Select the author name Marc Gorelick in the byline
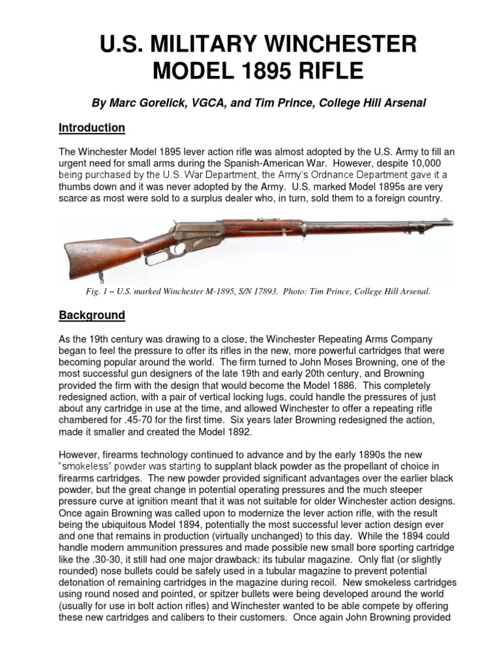pos(136,104)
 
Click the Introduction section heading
pos(92,128)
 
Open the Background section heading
pos(92,315)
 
